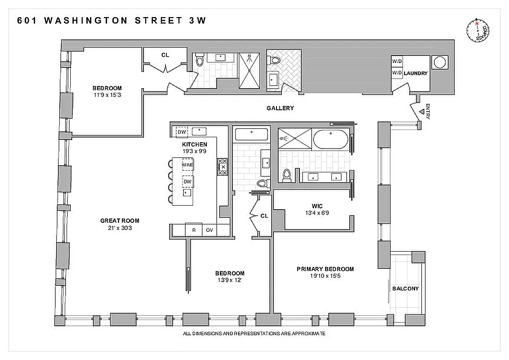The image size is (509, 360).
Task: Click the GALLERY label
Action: [x=280, y=108]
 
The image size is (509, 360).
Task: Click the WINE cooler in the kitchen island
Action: [x=188, y=165]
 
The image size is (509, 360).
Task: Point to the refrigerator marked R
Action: [x=194, y=230]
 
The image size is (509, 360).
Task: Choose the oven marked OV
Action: [x=209, y=230]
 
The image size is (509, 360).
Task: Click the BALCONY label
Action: [x=406, y=289]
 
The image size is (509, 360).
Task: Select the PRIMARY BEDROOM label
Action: [x=325, y=269]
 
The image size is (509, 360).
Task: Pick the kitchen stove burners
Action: [x=222, y=166]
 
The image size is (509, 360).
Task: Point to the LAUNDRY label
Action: [x=415, y=73]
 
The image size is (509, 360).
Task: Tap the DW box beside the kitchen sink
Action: [x=182, y=132]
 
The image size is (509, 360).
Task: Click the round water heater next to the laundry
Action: [x=439, y=62]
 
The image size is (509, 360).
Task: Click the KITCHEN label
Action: [x=194, y=144]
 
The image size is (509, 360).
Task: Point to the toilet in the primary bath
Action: [x=287, y=175]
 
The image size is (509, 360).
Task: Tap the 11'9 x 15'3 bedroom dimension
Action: [x=107, y=95]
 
